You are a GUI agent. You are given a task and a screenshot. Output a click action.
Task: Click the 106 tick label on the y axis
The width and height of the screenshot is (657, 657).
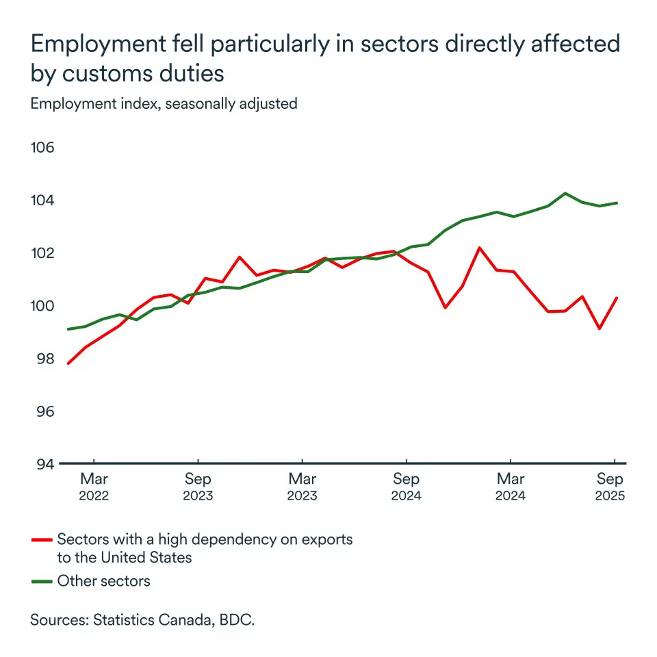pyautogui.click(x=43, y=149)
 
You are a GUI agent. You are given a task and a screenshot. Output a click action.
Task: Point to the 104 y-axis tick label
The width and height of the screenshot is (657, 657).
pyautogui.click(x=43, y=201)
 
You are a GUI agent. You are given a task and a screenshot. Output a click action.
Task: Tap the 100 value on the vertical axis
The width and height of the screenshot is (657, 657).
pyautogui.click(x=43, y=306)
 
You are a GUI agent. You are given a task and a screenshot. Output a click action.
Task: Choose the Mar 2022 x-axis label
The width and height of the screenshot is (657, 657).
pyautogui.click(x=94, y=486)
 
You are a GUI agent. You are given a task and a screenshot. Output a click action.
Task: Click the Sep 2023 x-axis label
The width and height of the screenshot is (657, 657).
pyautogui.click(x=198, y=486)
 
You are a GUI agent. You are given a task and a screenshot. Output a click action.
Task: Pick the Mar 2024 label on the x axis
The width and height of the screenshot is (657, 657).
pyautogui.click(x=511, y=486)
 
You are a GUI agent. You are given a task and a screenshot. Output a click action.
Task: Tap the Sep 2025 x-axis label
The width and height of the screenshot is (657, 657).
pyautogui.click(x=610, y=486)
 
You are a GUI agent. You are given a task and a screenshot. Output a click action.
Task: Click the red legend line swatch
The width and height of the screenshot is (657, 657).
pyautogui.click(x=42, y=540)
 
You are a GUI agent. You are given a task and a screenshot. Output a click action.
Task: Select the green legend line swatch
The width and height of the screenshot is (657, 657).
pyautogui.click(x=42, y=582)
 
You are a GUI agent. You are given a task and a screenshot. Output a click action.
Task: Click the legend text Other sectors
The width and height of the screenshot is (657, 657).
pyautogui.click(x=103, y=582)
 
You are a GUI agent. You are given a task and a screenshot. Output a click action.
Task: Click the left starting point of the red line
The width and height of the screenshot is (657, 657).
pyautogui.click(x=68, y=363)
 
